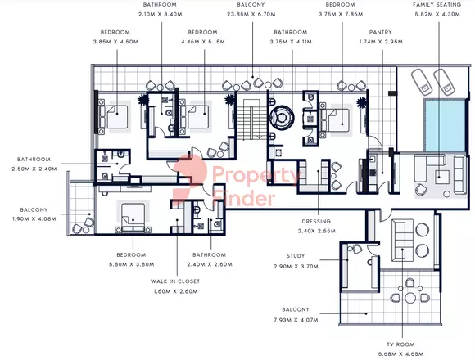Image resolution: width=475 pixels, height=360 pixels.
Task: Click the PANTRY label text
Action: click(x=370, y=33)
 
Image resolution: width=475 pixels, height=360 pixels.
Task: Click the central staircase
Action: click(x=250, y=118)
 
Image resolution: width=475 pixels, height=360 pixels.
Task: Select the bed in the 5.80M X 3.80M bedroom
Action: click(x=130, y=218)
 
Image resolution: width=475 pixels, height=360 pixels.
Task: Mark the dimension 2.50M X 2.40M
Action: click(x=32, y=169)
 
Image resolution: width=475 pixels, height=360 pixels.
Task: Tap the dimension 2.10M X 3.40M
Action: click(x=160, y=14)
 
